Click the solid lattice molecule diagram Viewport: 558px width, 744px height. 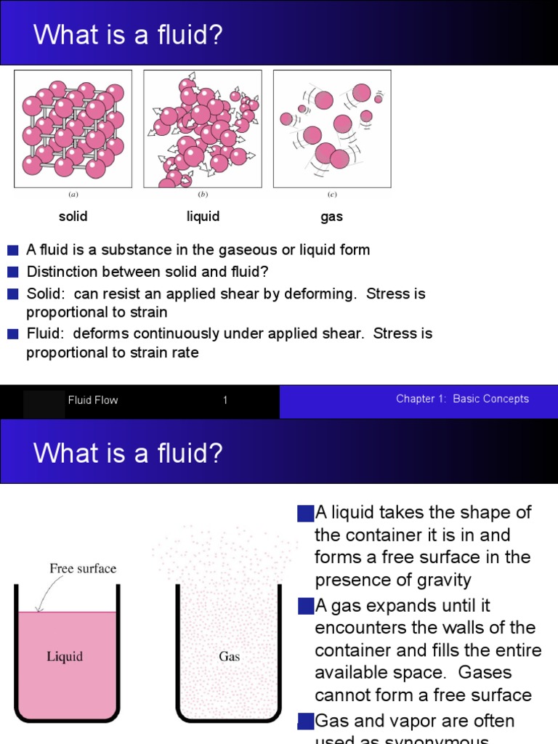coord(73,129)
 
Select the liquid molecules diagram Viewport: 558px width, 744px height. coord(203,129)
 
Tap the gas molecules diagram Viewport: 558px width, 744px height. coord(332,129)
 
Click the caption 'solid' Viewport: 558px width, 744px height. coord(73,217)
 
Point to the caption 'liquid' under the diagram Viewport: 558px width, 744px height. coord(203,217)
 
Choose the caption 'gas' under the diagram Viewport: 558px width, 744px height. coord(331,217)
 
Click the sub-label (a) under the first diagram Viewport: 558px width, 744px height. coord(73,195)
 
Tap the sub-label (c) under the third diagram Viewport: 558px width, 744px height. coord(332,195)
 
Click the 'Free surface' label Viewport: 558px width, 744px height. coord(82,568)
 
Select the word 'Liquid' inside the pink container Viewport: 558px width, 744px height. coord(65,657)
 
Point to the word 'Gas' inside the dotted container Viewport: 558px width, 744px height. coord(230,657)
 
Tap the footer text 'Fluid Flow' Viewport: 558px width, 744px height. coord(93,400)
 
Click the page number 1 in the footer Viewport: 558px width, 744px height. coord(225,400)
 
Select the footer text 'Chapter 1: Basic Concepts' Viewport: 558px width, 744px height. coord(462,399)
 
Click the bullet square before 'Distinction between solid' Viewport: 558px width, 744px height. coord(13,272)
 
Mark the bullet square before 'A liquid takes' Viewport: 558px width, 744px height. coord(305,514)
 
